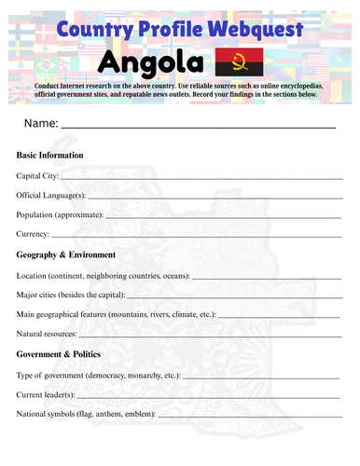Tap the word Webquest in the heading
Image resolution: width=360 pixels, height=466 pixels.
pos(253,30)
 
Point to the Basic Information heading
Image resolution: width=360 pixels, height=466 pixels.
pos(50,155)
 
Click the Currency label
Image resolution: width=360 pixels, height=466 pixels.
pos(33,234)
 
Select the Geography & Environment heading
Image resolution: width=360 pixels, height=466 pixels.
pos(66,254)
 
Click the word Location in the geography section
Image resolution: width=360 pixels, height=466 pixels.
pos(33,275)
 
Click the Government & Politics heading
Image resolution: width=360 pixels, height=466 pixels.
pos(64,354)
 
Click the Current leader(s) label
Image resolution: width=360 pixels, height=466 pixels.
pos(47,394)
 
